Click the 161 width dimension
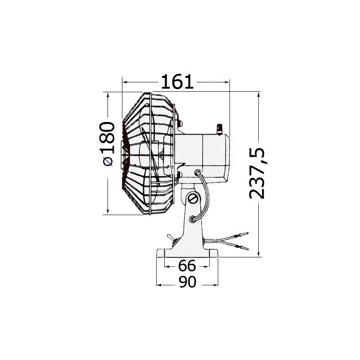click(x=177, y=82)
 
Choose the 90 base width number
click(x=187, y=282)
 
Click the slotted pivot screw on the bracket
click(x=193, y=198)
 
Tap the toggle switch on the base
click(x=171, y=237)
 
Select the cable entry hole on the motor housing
click(x=197, y=171)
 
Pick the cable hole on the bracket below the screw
click(x=193, y=219)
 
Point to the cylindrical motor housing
click(x=205, y=155)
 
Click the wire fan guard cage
click(x=148, y=153)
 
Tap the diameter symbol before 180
click(x=108, y=162)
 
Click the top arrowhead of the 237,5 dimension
click(x=259, y=95)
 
